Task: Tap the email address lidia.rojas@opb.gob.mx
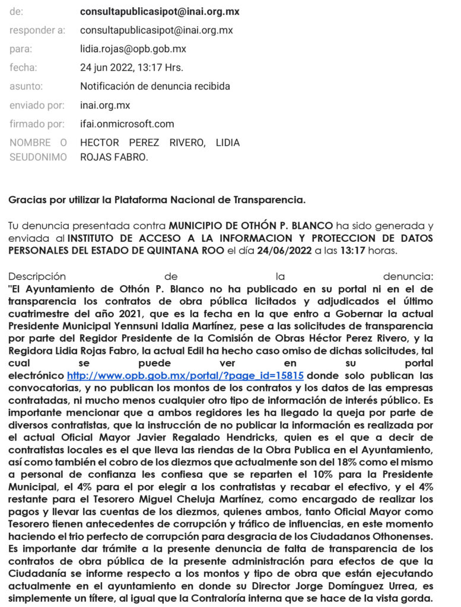(x=133, y=49)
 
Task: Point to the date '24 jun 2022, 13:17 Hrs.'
(x=132, y=68)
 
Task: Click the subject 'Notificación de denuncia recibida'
(x=155, y=87)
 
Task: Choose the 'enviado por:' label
(x=36, y=106)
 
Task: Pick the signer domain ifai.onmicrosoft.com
(x=127, y=124)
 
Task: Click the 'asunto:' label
(x=26, y=87)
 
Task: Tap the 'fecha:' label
(x=23, y=68)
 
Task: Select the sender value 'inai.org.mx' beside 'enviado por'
(x=105, y=106)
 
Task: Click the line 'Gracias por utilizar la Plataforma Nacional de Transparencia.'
(x=157, y=200)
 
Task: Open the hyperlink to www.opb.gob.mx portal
(x=185, y=375)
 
